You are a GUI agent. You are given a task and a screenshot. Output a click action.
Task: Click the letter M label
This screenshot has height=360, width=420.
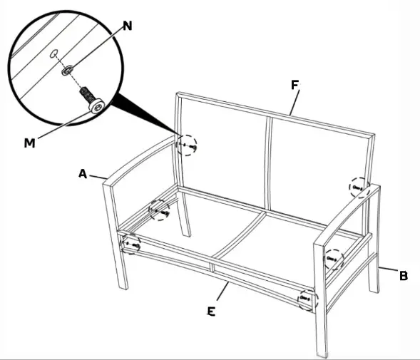[29, 143]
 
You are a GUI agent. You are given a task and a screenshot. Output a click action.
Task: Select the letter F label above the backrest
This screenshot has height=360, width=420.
[294, 85]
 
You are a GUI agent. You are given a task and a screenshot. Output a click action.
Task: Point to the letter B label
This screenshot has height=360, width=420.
[403, 276]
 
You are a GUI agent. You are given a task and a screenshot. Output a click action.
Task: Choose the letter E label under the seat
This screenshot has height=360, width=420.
[211, 312]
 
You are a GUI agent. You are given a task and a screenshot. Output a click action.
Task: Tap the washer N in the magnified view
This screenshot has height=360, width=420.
[66, 71]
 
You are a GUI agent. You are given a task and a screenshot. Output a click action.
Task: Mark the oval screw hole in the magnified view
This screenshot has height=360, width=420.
[55, 52]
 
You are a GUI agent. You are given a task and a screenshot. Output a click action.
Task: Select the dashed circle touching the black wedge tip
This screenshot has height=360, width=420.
[188, 146]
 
